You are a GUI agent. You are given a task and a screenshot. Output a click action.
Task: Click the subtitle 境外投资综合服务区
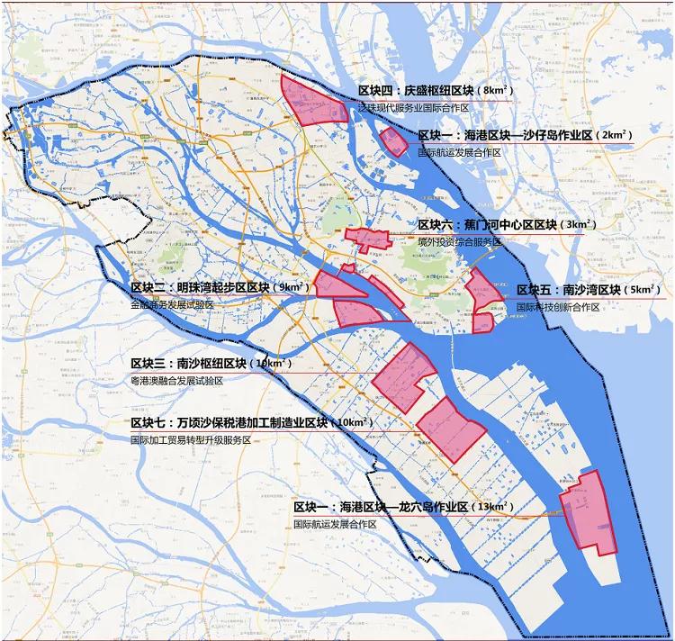click(459, 242)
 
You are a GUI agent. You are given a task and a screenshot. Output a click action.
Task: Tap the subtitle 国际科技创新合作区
click(557, 307)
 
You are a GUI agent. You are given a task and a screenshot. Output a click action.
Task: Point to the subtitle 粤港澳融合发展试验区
click(176, 381)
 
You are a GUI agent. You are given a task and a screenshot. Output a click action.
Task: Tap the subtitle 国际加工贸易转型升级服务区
click(189, 440)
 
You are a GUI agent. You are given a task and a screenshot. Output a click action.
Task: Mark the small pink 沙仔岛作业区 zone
click(393, 141)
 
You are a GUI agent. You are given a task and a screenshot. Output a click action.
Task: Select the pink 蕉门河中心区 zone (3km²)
click(367, 239)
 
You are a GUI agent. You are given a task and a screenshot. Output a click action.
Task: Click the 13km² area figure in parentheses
click(493, 507)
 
